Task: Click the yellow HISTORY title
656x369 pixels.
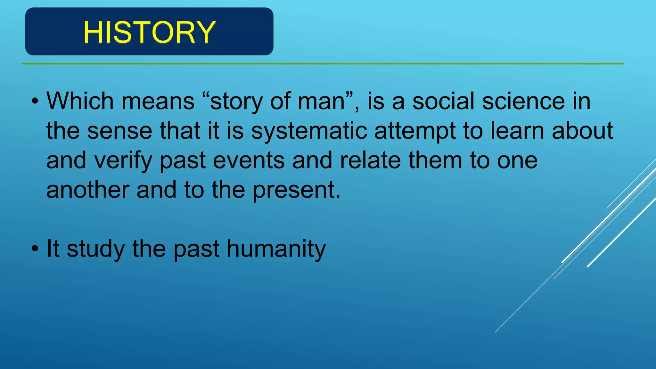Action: tap(149, 32)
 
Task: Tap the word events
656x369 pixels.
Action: tap(249, 161)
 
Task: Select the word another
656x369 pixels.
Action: tap(87, 190)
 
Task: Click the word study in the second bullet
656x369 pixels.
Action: tap(96, 249)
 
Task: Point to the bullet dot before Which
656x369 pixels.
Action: tap(35, 102)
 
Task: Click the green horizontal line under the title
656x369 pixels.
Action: tap(320, 64)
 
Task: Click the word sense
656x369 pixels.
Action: tap(119, 131)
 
